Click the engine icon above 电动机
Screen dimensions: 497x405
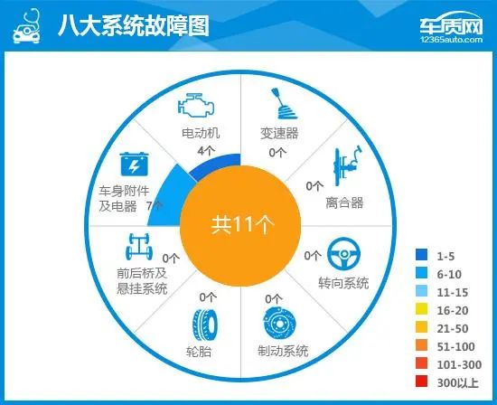tap(196, 105)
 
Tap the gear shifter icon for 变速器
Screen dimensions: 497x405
tap(284, 104)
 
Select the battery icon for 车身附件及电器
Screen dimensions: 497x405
tap(134, 164)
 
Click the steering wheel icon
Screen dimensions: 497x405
tap(343, 254)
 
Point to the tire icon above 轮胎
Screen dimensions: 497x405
tap(205, 325)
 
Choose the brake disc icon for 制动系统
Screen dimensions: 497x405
tap(280, 323)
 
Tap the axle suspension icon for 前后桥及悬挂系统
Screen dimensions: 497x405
tap(139, 247)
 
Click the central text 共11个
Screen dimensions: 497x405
tap(242, 225)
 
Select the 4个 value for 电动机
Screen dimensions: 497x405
tap(206, 151)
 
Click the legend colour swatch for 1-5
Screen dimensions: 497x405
tap(422, 255)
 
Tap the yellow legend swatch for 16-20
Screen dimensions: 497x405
tap(422, 309)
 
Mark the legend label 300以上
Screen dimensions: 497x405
tap(458, 382)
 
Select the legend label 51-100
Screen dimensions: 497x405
tap(455, 346)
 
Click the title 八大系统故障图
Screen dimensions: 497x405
tap(134, 25)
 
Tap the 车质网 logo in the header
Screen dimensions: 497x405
tap(451, 28)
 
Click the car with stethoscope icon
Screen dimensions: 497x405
tap(26, 26)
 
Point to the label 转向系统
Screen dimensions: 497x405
tap(343, 283)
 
